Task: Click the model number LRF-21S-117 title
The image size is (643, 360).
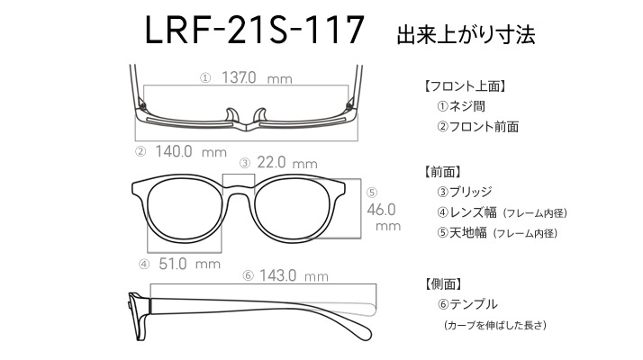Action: pos(255,30)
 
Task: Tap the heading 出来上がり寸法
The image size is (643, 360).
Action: pos(466,35)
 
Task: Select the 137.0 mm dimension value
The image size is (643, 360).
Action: pos(257,77)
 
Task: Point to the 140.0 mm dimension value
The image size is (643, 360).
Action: pos(191,152)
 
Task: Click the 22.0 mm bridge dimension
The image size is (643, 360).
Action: pos(287,163)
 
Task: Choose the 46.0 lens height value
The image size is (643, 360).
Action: pos(381,210)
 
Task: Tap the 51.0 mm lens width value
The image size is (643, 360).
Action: pos(189,264)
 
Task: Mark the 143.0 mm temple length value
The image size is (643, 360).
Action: pos(294,275)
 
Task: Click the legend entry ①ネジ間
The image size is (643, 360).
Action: pos(461,106)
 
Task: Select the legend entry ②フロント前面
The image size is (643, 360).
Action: pos(477,126)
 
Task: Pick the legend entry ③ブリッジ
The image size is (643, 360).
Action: pos(465,192)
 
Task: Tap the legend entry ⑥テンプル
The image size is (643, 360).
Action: pos(467,304)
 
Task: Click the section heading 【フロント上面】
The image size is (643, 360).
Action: pos(465,86)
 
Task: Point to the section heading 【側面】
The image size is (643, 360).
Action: pos(443,283)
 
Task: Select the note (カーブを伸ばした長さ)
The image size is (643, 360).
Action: pos(495,325)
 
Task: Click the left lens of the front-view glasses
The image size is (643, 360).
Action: pos(183,210)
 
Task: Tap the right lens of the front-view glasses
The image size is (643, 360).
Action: pos(293,210)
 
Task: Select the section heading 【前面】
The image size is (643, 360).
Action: pos(443,172)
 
